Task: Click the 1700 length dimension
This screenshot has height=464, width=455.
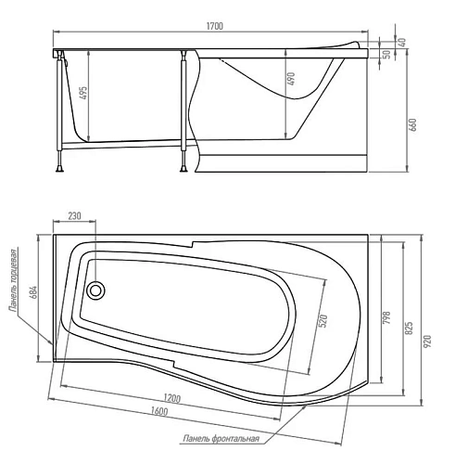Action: (x=215, y=26)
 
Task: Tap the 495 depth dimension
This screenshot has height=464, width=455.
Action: (x=83, y=93)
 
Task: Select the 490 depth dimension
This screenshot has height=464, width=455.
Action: (x=291, y=79)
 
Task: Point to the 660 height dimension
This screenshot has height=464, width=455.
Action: (x=413, y=124)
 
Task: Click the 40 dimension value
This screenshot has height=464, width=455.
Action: (x=403, y=42)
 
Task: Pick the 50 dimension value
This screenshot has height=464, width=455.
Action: (x=386, y=54)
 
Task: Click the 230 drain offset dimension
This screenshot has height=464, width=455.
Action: (x=74, y=215)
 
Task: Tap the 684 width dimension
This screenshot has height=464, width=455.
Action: (x=33, y=292)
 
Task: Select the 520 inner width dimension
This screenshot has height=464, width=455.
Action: (x=322, y=321)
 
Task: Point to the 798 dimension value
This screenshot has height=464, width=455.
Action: (x=386, y=317)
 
